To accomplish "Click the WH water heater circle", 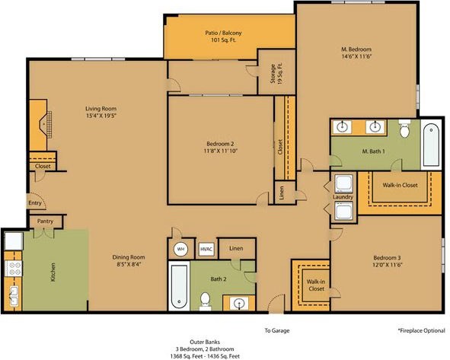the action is click(180, 249).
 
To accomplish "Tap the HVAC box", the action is click(206, 249).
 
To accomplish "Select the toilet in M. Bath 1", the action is click(404, 129).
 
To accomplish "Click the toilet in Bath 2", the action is click(205, 301).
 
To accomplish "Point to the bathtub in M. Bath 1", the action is click(431, 145).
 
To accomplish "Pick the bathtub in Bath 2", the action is click(179, 286).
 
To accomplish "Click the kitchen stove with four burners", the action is click(14, 269).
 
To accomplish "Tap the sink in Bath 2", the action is click(239, 303).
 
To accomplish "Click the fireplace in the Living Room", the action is click(41, 125).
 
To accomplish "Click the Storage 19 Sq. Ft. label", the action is click(276, 74).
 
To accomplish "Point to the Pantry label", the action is click(46, 221).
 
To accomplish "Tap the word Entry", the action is click(35, 203).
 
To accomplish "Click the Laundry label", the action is click(343, 197).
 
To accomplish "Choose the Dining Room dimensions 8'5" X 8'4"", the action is click(129, 264).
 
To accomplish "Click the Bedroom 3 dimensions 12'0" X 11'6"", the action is click(387, 265).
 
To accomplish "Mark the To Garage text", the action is click(277, 330).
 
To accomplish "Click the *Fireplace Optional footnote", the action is click(422, 330).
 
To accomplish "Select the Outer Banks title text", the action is click(205, 342).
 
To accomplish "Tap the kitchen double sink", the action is click(13, 296).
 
